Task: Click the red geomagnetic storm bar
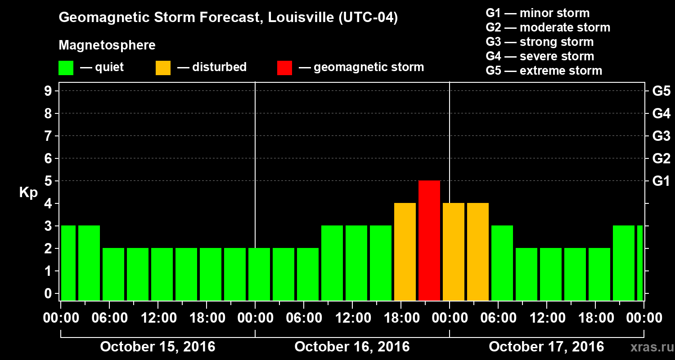(x=429, y=240)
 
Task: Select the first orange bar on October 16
(x=405, y=252)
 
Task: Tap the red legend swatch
(x=285, y=67)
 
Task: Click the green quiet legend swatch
(x=66, y=67)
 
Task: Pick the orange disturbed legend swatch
(x=163, y=67)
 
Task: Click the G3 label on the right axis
(x=661, y=136)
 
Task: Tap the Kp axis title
(x=28, y=193)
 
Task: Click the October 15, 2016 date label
(x=157, y=347)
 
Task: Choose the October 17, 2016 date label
(x=546, y=347)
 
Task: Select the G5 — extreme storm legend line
(x=544, y=71)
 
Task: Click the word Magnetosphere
(x=107, y=45)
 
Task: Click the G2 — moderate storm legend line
(x=548, y=27)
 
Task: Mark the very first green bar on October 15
(x=68, y=263)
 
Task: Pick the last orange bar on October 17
(x=478, y=252)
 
